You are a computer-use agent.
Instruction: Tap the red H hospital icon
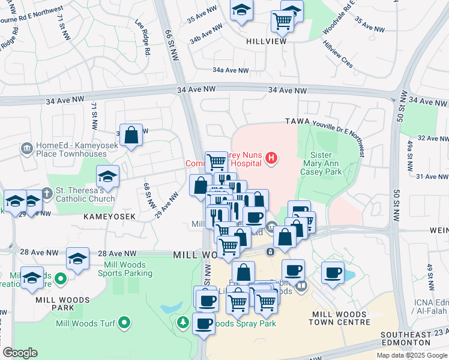[271, 159]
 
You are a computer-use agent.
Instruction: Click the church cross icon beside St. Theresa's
[47, 193]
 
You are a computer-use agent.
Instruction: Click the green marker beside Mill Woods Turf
[124, 323]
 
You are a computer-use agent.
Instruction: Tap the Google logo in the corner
[20, 353]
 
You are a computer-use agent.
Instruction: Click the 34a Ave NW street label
[231, 70]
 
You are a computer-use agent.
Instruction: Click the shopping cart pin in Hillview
[282, 21]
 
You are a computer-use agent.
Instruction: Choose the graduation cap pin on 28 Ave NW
[77, 258]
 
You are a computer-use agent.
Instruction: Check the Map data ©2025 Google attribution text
[411, 355]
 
